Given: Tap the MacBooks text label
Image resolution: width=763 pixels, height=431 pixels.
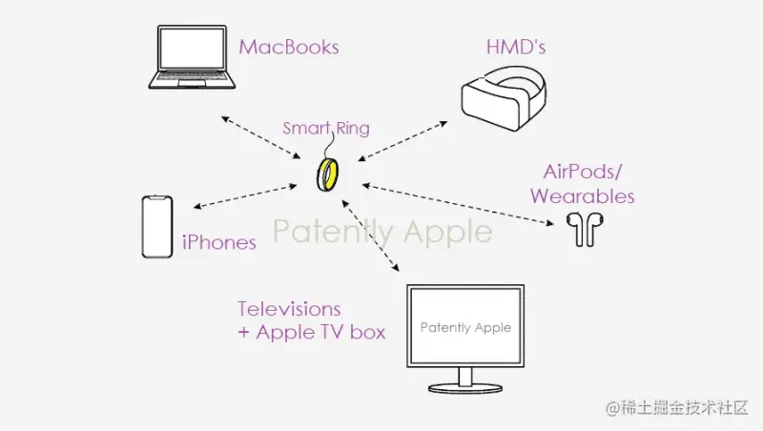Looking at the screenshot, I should click(x=289, y=47).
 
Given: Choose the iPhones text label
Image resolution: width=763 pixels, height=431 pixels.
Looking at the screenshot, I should click(x=219, y=242).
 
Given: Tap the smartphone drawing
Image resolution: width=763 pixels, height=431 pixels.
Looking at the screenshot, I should click(x=156, y=227).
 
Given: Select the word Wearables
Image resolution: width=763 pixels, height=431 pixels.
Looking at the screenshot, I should click(x=582, y=196).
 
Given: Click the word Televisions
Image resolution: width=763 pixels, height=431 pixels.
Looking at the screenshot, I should click(x=289, y=309).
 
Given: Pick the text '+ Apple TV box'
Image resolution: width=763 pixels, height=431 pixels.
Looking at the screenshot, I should click(x=312, y=332).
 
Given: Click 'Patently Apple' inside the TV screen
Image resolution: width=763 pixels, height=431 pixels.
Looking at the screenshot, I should click(x=465, y=327).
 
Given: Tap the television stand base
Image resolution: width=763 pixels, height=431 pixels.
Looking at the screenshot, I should click(x=464, y=388).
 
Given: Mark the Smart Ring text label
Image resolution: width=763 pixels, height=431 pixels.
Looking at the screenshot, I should click(x=326, y=128).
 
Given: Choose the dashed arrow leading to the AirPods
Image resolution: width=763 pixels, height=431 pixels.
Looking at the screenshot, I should click(x=458, y=201).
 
